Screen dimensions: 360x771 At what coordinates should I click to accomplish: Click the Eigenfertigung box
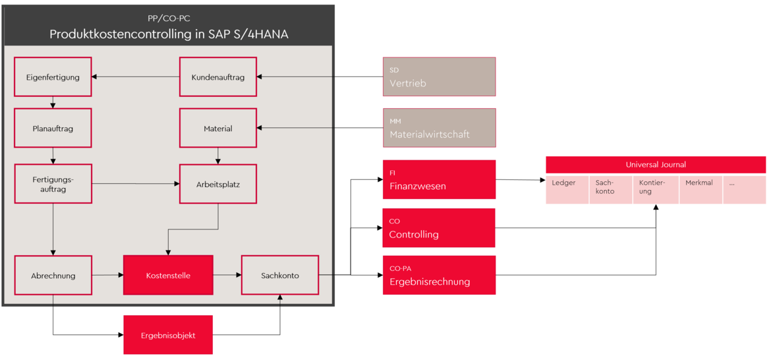tap(53, 77)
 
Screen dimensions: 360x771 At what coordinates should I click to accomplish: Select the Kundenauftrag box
tap(218, 77)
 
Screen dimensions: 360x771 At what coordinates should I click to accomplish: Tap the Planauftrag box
tap(53, 129)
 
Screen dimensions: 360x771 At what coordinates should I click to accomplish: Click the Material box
tap(218, 129)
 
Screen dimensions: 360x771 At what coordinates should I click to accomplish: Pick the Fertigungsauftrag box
tap(53, 184)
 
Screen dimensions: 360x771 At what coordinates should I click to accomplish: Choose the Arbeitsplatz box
tap(218, 184)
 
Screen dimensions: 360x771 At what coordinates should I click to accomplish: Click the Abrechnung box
tap(53, 276)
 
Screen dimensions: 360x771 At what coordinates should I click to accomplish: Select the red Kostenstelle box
tap(168, 276)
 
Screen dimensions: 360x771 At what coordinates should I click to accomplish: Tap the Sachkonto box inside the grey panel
tap(280, 276)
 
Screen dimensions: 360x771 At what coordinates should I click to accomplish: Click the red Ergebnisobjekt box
tap(168, 335)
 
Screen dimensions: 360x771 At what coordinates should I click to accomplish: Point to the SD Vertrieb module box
tap(439, 77)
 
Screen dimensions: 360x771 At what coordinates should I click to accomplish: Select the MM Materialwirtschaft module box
tap(439, 128)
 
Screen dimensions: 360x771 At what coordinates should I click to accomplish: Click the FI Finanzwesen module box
tap(439, 179)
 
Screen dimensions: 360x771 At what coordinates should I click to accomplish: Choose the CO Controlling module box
tap(439, 228)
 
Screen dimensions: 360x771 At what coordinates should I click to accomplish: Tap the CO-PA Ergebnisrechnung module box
tap(439, 275)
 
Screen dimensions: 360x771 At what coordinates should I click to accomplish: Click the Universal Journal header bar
tap(656, 165)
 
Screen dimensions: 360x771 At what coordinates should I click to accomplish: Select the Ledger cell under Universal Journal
tap(567, 189)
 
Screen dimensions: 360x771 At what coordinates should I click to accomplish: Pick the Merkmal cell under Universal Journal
tap(700, 189)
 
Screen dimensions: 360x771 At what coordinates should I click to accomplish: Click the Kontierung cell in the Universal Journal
tap(655, 189)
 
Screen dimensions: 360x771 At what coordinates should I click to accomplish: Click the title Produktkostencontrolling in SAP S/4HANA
tap(169, 34)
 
